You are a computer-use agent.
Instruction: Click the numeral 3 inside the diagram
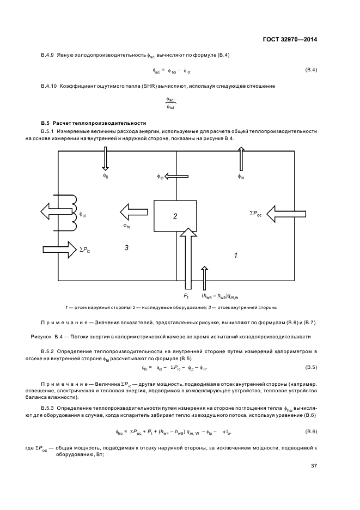[126, 247]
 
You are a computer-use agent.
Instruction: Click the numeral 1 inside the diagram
[235, 254]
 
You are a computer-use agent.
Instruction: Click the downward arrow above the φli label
[106, 160]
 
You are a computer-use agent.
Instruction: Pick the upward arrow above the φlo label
[241, 160]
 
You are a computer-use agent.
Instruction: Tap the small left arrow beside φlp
[178, 176]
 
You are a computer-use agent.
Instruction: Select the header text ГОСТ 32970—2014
[290, 39]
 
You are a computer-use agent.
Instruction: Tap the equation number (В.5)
[311, 367]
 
